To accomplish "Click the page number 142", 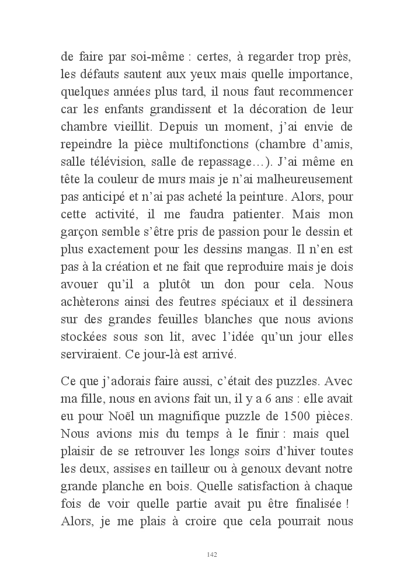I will click(x=212, y=554).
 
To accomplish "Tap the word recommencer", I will click(x=318, y=92).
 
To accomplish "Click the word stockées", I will click(x=84, y=337).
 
